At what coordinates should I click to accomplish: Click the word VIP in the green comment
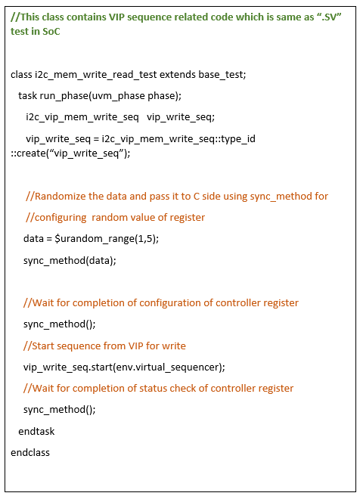pos(116,17)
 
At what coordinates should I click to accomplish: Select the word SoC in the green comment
pos(51,31)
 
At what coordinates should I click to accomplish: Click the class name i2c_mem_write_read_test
pos(96,75)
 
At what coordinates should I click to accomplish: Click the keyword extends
pos(178,74)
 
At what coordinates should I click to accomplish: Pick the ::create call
pos(29,153)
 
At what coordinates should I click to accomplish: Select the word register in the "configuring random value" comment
pos(188,218)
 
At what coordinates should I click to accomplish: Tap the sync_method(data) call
pos(70,261)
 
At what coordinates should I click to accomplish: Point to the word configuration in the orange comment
pos(170,303)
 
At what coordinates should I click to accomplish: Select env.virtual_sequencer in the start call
pos(168,367)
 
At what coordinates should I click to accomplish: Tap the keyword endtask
pos(36,431)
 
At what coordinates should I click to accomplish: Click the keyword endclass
pos(30,453)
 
